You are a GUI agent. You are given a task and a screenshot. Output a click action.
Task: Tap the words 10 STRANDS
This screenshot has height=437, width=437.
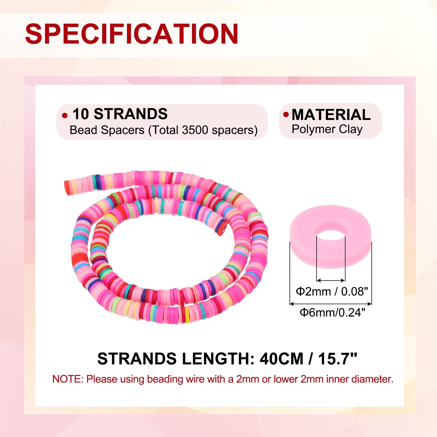coord(120,114)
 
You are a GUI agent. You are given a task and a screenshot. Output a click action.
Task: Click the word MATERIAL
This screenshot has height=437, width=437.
coord(331,114)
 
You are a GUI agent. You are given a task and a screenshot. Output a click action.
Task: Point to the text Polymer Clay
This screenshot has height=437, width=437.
coord(327,129)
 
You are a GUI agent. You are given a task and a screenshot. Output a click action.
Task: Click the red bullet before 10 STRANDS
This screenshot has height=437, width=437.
coord(65,116)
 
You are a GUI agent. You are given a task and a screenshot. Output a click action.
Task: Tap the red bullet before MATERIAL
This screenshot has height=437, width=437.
coord(286,114)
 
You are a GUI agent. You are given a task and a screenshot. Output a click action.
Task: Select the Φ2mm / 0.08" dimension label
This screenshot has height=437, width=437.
coord(332,292)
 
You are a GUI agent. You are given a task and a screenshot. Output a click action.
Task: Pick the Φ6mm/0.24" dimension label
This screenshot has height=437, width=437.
coord(332,312)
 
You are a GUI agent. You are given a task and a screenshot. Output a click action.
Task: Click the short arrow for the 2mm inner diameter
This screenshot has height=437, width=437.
coord(331,280)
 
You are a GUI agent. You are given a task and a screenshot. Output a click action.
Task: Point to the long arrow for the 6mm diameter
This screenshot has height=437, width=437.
coord(330,303)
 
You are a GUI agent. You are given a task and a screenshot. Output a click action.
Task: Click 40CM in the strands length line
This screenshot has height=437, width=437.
coord(282,359)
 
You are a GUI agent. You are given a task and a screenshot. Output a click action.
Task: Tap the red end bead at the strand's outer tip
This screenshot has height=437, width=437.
coord(68,187)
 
